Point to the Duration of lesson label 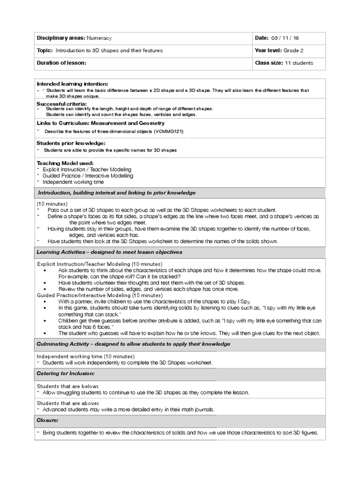click(61, 63)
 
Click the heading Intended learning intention click(72, 83)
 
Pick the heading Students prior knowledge click(71, 142)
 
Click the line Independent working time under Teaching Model click(73, 182)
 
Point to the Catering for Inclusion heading click(66, 374)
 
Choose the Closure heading click(47, 420)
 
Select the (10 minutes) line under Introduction click(52, 204)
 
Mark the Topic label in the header click(45, 50)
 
